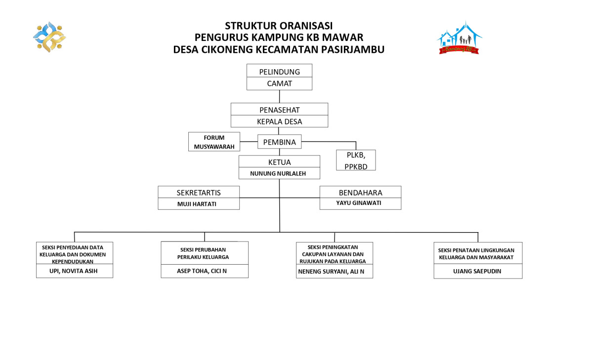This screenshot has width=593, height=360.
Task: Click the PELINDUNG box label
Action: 279,72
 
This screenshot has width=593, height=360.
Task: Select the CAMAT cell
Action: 279,83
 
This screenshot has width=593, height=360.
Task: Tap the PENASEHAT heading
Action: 279,110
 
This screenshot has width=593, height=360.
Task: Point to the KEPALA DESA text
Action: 279,121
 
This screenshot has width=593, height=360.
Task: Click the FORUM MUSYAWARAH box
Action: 214,142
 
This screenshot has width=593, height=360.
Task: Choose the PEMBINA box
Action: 279,142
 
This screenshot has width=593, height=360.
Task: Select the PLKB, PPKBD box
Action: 355,160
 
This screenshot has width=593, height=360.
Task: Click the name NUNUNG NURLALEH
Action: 279,173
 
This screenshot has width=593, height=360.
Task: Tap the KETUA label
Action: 279,162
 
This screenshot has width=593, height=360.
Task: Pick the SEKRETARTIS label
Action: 199,193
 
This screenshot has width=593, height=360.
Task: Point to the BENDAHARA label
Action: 360,193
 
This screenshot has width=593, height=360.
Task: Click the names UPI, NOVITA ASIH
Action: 74,271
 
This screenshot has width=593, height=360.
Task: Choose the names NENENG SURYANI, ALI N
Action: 335,272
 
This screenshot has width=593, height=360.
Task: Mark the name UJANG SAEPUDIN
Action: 477,271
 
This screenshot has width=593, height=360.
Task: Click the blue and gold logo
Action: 49,37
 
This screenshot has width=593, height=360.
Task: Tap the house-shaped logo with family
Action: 460,38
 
